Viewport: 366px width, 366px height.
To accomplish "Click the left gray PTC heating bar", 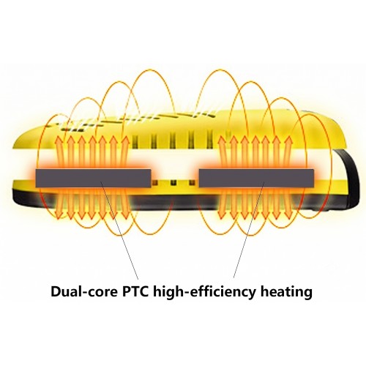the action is (x=93, y=178).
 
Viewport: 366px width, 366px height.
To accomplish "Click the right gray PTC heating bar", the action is (x=256, y=178).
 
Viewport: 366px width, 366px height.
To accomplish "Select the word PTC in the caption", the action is (x=135, y=291).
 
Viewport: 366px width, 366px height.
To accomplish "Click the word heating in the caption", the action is (x=286, y=292).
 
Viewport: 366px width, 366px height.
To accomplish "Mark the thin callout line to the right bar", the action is (x=249, y=230).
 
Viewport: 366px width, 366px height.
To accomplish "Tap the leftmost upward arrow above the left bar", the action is (x=59, y=152).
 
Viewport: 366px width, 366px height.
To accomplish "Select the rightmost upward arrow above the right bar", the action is (x=289, y=152).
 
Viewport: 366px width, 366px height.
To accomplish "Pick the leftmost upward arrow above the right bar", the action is (x=222, y=152).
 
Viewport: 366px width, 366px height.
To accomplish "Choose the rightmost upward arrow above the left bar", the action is (x=125, y=152).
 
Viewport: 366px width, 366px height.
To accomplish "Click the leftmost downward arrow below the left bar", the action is (x=59, y=203).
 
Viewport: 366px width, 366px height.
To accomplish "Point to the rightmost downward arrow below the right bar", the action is (x=290, y=203).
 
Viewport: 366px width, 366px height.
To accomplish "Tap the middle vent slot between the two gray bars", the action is (x=173, y=183).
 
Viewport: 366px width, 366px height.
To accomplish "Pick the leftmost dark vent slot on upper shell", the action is (x=135, y=141).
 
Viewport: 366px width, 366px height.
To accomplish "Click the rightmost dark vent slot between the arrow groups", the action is (x=210, y=141).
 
